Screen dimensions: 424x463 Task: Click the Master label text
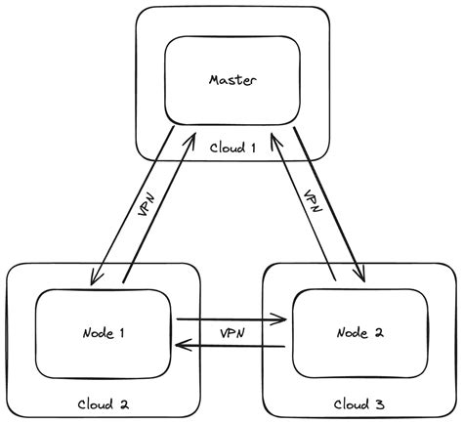(x=231, y=79)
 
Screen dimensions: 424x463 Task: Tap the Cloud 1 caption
(x=232, y=148)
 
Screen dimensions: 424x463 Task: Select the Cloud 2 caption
(x=104, y=403)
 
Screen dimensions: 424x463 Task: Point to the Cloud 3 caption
(x=358, y=403)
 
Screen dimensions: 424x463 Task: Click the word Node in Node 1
(x=93, y=332)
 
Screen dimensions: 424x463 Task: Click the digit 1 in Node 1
(x=121, y=332)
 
